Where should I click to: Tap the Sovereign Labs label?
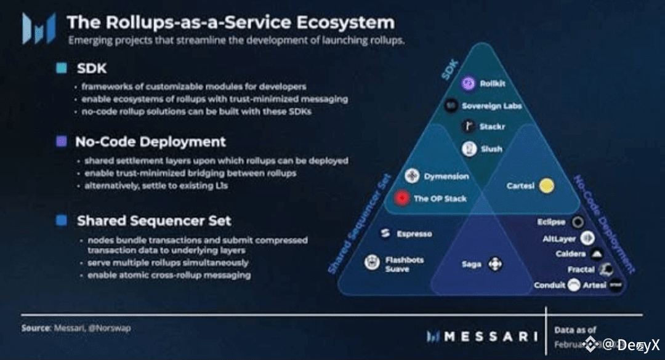pyautogui.click(x=491, y=106)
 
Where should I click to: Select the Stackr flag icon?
pyautogui.click(x=469, y=127)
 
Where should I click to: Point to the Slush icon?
pyautogui.click(x=469, y=149)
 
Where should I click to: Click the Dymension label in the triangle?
pyautogui.click(x=446, y=177)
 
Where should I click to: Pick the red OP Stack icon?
pyautogui.click(x=402, y=199)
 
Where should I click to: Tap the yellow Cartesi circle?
pyautogui.click(x=546, y=185)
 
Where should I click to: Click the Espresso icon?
pyautogui.click(x=385, y=234)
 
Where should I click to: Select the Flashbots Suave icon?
pyautogui.click(x=372, y=263)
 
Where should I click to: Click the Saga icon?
pyautogui.click(x=495, y=265)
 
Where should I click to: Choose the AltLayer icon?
pyautogui.click(x=587, y=239)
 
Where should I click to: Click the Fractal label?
pyautogui.click(x=581, y=270)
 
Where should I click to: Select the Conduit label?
pyautogui.click(x=549, y=285)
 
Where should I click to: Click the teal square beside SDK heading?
pyautogui.click(x=61, y=68)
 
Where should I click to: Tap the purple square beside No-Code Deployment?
pyautogui.click(x=61, y=142)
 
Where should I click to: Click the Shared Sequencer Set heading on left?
pyautogui.click(x=154, y=220)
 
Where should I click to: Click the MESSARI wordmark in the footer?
pyautogui.click(x=490, y=336)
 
